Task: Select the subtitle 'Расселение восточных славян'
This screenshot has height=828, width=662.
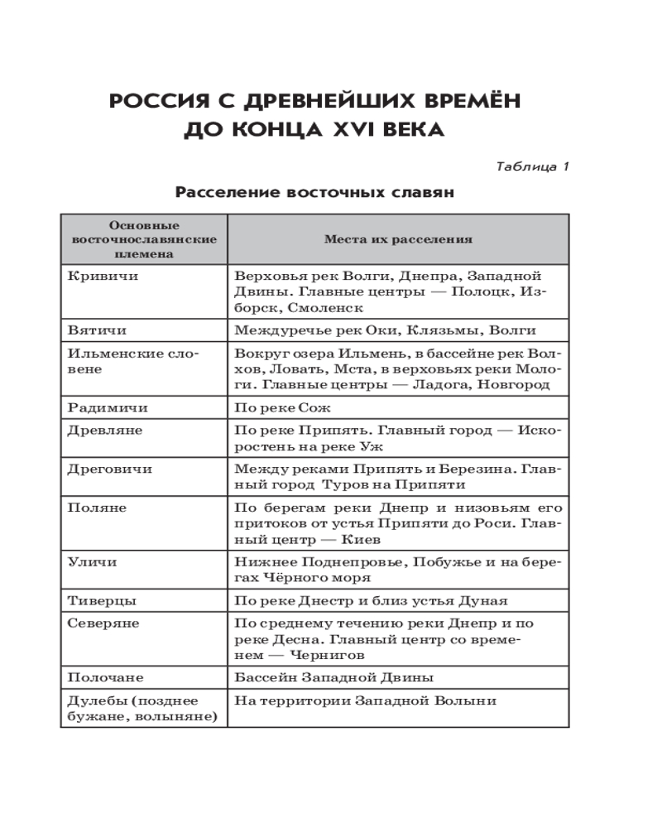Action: point(315,193)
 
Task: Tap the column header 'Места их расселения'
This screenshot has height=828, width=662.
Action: point(398,239)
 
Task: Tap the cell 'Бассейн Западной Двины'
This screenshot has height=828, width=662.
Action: point(334,677)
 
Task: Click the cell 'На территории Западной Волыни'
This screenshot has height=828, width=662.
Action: point(366,700)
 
